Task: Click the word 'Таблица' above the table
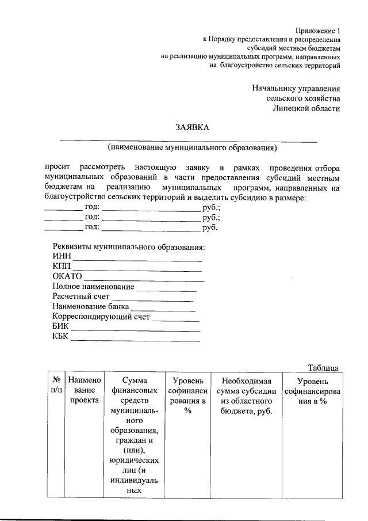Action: point(323,368)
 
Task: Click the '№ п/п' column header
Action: point(56,386)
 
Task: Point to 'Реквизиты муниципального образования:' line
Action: point(129,247)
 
